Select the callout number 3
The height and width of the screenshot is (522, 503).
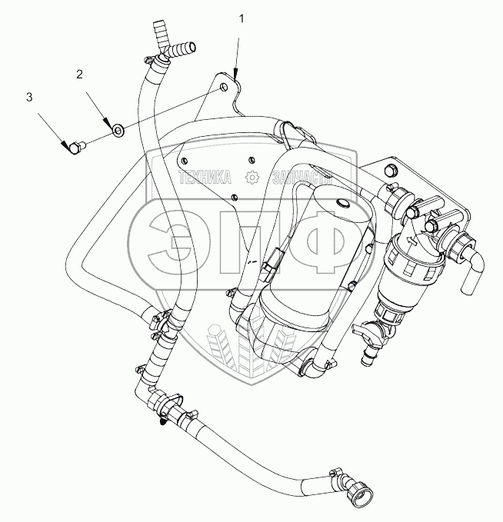[29, 97]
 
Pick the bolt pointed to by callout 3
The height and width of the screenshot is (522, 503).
[75, 145]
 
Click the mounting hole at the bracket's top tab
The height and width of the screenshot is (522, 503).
[223, 88]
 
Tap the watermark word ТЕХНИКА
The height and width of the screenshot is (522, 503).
[206, 178]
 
